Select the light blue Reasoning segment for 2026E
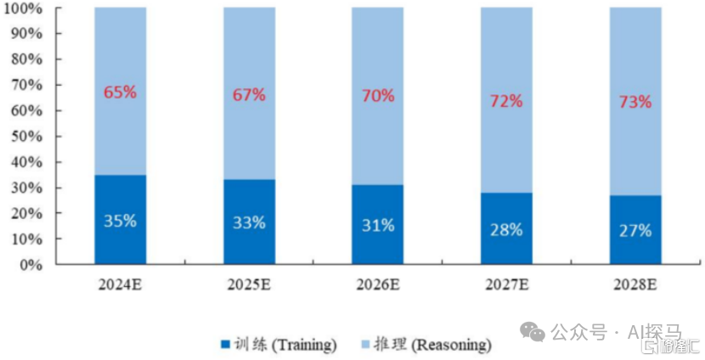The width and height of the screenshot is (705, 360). point(378,136)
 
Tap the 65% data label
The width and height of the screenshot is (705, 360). point(120,93)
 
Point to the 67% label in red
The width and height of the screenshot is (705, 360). point(249,94)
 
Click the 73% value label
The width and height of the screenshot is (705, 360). point(635,102)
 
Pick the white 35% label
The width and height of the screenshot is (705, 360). point(120,222)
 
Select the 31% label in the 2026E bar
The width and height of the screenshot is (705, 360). point(378,225)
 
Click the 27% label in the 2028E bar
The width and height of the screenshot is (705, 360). point(635,230)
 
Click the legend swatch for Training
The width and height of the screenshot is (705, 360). point(226,345)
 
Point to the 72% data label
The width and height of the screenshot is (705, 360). point(506,101)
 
